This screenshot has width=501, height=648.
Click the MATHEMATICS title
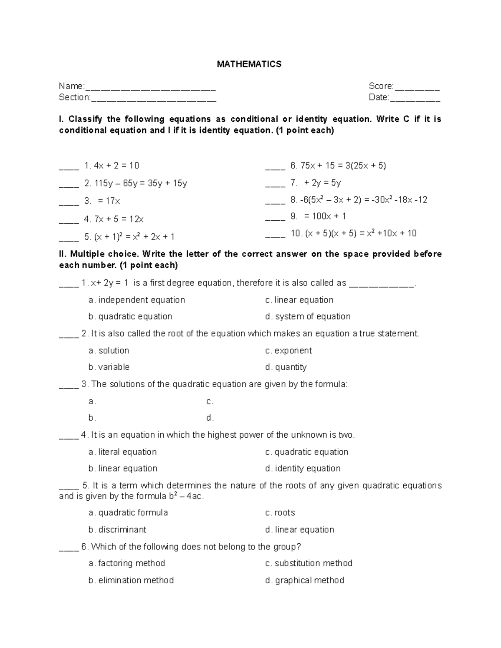click(249, 64)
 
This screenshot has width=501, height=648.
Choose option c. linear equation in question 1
click(299, 300)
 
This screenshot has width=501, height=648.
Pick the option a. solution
click(109, 350)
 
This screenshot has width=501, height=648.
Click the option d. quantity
click(286, 367)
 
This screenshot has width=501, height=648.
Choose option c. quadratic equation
click(307, 452)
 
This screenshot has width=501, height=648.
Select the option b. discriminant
click(117, 529)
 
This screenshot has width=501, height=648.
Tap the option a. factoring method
click(127, 563)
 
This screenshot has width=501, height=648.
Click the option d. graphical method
click(305, 580)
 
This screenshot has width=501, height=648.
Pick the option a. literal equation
click(123, 452)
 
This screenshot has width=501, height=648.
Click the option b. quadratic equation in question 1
click(130, 317)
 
